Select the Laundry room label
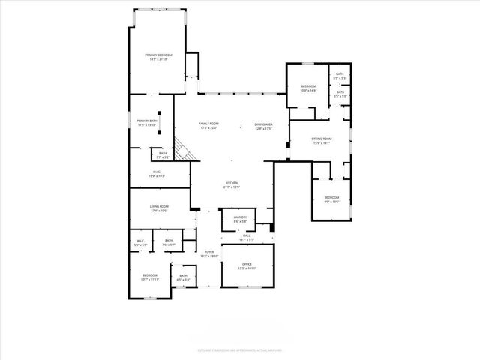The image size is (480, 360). tap(240, 219)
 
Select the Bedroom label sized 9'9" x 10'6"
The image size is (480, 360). tap(331, 199)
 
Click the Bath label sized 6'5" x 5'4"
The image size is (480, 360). tap(184, 278)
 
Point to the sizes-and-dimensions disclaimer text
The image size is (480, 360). tap(239, 349)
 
